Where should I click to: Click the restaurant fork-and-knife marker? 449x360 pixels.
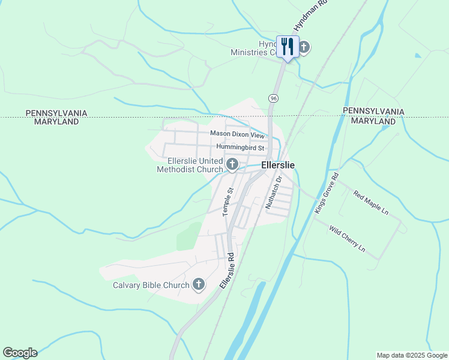(288, 46)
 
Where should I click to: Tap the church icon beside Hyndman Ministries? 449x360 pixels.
(304, 47)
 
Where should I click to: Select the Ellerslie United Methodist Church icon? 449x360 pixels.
(232, 164)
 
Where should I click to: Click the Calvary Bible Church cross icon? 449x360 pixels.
(199, 284)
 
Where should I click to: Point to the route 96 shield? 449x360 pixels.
(274, 98)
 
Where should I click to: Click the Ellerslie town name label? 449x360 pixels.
(278, 164)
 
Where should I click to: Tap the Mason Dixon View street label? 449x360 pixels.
(237, 134)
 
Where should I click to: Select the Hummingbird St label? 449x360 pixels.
(240, 147)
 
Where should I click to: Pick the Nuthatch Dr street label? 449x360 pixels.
(274, 193)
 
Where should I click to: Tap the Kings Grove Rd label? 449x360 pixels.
(327, 193)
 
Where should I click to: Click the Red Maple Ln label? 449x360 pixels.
(371, 203)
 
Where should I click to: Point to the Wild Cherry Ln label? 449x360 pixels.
(347, 238)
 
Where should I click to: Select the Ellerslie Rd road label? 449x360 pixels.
(226, 271)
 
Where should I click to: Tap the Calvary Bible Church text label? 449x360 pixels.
(151, 285)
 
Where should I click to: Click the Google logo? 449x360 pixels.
(20, 353)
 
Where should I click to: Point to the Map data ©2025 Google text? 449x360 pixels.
(411, 355)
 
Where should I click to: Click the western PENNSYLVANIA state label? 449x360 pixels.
(56, 113)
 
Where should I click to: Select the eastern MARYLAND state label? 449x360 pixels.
(373, 121)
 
